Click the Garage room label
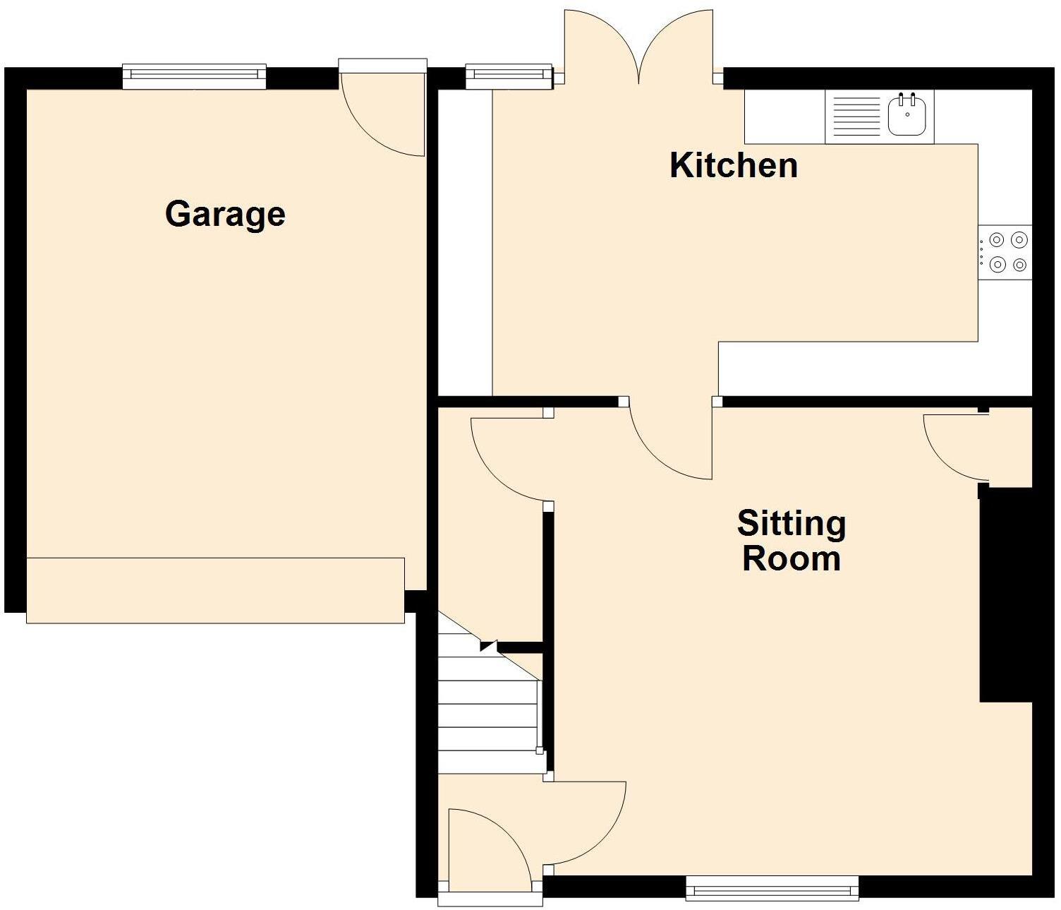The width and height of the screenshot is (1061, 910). click(x=225, y=214)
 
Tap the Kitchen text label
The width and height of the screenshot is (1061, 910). click(x=734, y=166)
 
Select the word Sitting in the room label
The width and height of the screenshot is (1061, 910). click(x=791, y=524)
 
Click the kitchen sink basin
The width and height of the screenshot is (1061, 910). click(x=907, y=114)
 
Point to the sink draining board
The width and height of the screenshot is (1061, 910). click(x=856, y=116)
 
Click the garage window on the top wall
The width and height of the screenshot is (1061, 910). click(x=194, y=76)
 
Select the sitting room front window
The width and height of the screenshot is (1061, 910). click(x=772, y=888)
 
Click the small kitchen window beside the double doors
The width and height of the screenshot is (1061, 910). click(x=508, y=76)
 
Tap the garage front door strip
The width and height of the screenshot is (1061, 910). click(x=215, y=590)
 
